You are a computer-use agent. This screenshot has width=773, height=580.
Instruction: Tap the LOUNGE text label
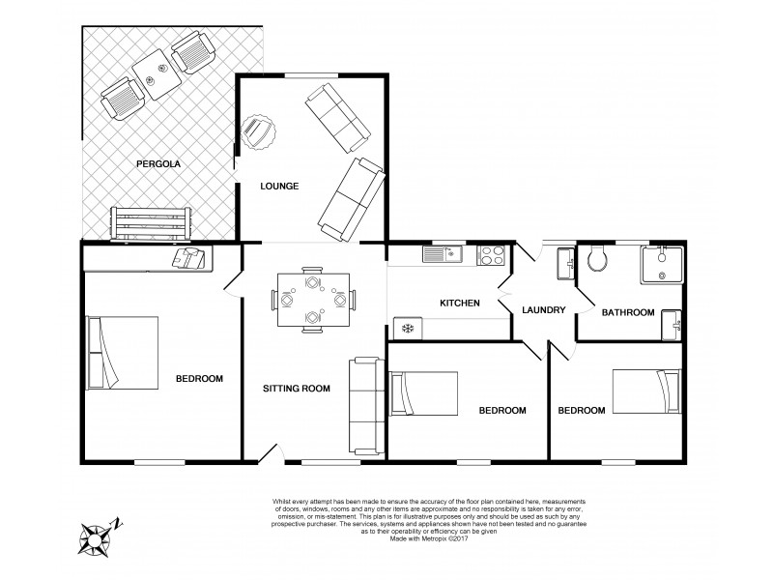(278, 186)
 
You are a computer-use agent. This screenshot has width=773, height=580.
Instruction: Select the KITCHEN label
(460, 304)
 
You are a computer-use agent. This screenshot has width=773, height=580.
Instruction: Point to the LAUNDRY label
(543, 310)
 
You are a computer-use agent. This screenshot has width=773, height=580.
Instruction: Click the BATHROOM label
(628, 312)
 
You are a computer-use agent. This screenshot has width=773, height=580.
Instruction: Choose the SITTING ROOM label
(297, 389)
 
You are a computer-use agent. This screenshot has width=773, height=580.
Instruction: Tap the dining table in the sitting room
(311, 298)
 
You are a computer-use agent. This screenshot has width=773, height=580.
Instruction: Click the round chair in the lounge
(257, 131)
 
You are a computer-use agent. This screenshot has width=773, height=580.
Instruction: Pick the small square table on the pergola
(151, 72)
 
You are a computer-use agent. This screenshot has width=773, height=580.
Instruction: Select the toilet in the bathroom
(595, 258)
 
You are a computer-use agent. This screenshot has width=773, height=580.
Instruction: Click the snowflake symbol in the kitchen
(407, 330)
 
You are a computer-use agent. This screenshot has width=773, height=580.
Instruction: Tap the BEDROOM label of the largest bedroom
(201, 378)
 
